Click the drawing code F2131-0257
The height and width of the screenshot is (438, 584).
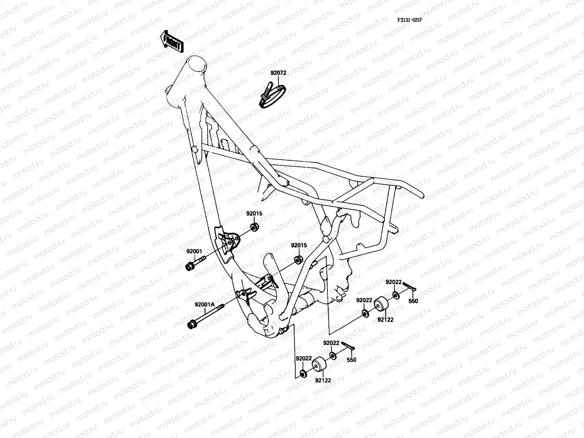410,20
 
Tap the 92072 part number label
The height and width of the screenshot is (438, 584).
278,73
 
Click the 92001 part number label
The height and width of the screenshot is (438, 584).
194,251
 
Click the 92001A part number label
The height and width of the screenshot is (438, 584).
204,304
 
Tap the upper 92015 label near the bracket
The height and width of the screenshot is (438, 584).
254,214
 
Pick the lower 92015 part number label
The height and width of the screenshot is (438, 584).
299,245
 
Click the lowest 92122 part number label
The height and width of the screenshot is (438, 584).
323,380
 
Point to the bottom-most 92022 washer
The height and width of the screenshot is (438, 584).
303,374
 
